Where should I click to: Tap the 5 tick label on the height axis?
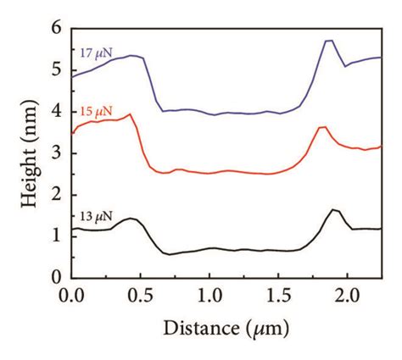(x=57, y=69)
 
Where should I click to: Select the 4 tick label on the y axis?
(x=57, y=111)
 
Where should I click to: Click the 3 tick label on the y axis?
(x=57, y=152)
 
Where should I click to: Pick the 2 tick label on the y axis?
(x=57, y=194)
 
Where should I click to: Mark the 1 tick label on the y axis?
(x=57, y=235)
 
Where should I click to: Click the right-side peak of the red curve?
(x=322, y=127)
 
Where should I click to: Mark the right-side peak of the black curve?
(x=333, y=209)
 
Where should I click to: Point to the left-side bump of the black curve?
(x=131, y=218)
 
